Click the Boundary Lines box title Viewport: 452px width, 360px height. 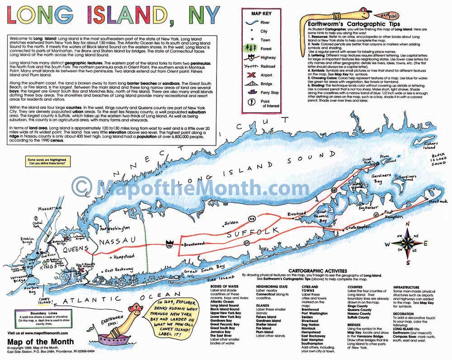pos(32,311)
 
